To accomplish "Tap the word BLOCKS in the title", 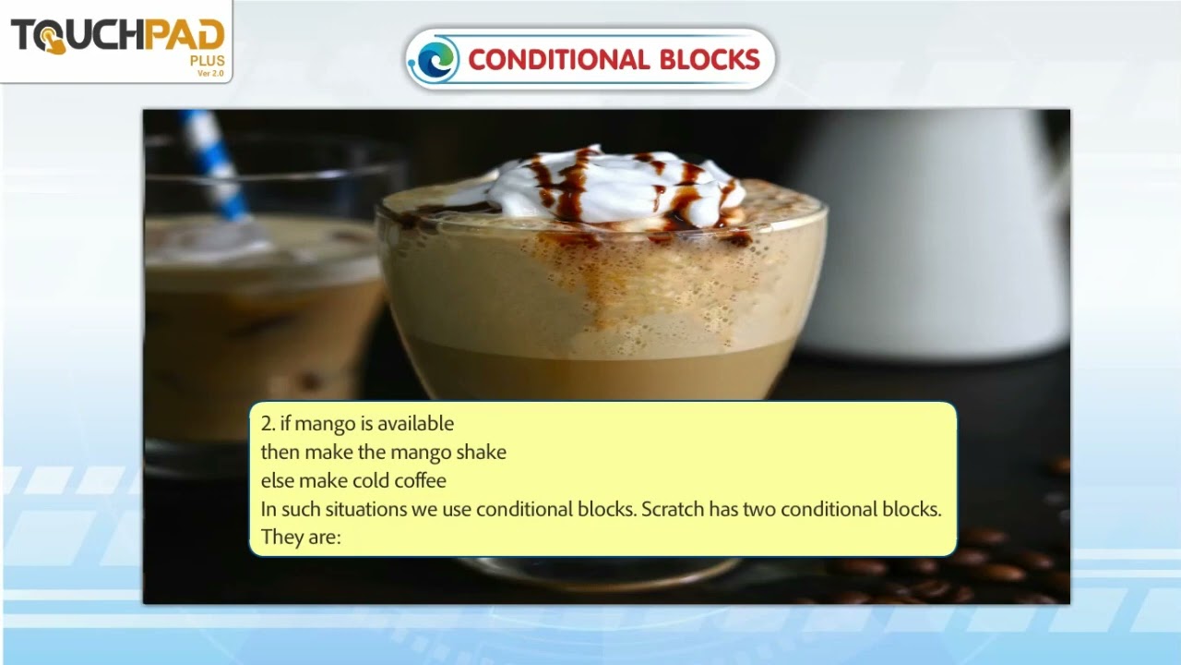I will (x=710, y=60).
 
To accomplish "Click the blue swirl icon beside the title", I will (x=433, y=59).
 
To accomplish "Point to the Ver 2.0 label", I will (x=210, y=73).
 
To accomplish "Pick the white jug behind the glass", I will (x=932, y=231).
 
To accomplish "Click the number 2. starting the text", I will (x=268, y=424).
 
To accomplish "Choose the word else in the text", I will (x=277, y=480).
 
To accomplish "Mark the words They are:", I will (x=301, y=537).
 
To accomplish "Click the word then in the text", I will (x=280, y=453).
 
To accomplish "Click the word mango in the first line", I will (x=325, y=424).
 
